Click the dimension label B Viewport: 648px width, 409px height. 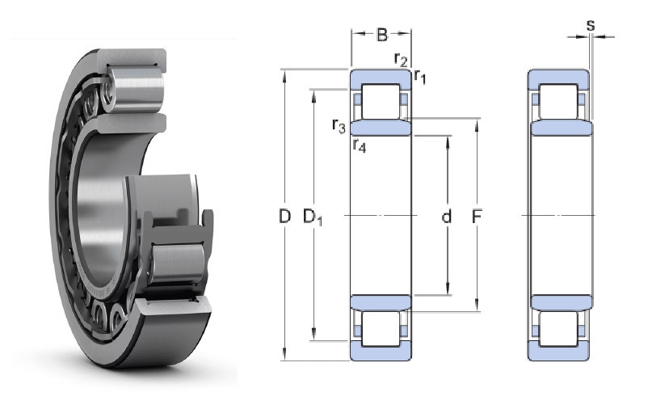pyautogui.click(x=382, y=35)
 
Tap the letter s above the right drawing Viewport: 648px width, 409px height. pyautogui.click(x=591, y=25)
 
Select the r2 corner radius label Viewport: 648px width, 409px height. pyautogui.click(x=401, y=59)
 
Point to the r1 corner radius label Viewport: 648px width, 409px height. pyautogui.click(x=420, y=77)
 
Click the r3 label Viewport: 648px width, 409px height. pyautogui.click(x=339, y=125)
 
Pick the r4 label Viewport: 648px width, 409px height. pyautogui.click(x=359, y=145)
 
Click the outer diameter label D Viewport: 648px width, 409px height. pyautogui.click(x=284, y=217)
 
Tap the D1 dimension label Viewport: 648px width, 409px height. pyautogui.click(x=312, y=217)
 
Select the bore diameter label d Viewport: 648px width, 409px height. pyautogui.click(x=446, y=217)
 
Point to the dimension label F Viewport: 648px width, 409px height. pyautogui.click(x=477, y=217)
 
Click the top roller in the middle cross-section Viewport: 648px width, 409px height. pyautogui.click(x=381, y=102)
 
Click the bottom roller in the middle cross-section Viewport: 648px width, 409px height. pyautogui.click(x=381, y=329)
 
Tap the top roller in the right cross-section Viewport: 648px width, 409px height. pyautogui.click(x=558, y=102)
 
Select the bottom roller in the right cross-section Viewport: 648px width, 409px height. pyautogui.click(x=558, y=329)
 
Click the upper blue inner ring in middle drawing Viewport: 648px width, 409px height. pyautogui.click(x=381, y=128)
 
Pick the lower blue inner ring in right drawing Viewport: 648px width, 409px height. pyautogui.click(x=562, y=303)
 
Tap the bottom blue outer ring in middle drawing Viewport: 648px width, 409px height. pyautogui.click(x=381, y=351)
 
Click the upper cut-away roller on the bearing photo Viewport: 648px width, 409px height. pyautogui.click(x=135, y=90)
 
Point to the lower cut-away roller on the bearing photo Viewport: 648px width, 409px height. pyautogui.click(x=177, y=264)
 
